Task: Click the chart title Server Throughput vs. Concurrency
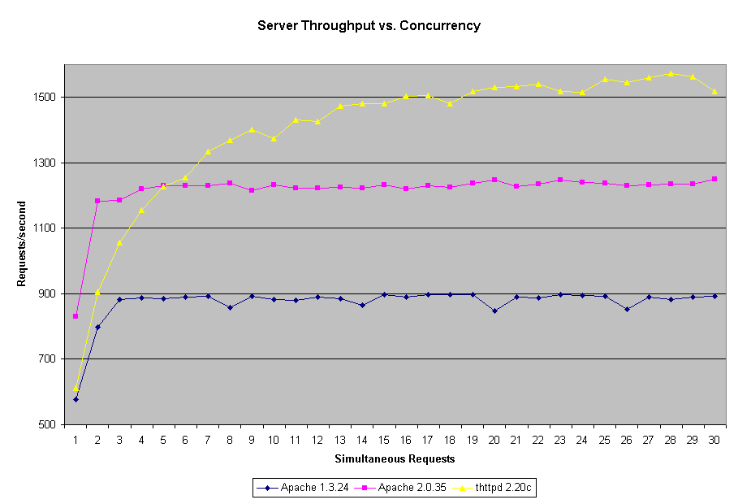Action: pos(369,25)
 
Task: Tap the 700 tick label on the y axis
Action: pos(47,359)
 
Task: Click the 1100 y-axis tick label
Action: pos(45,228)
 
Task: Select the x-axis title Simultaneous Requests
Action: pos(395,458)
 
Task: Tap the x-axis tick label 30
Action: pos(714,439)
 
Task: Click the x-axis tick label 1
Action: pos(76,439)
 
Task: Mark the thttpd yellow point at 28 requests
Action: pos(671,73)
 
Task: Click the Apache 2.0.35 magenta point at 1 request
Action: pos(76,316)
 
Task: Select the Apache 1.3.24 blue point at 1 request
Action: pos(76,399)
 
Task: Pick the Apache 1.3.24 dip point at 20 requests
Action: pos(494,311)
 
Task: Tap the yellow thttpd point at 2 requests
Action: pos(97,292)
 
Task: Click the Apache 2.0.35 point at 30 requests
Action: pos(714,179)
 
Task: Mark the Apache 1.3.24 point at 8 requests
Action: pos(230,307)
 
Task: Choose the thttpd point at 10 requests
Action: pos(274,138)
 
